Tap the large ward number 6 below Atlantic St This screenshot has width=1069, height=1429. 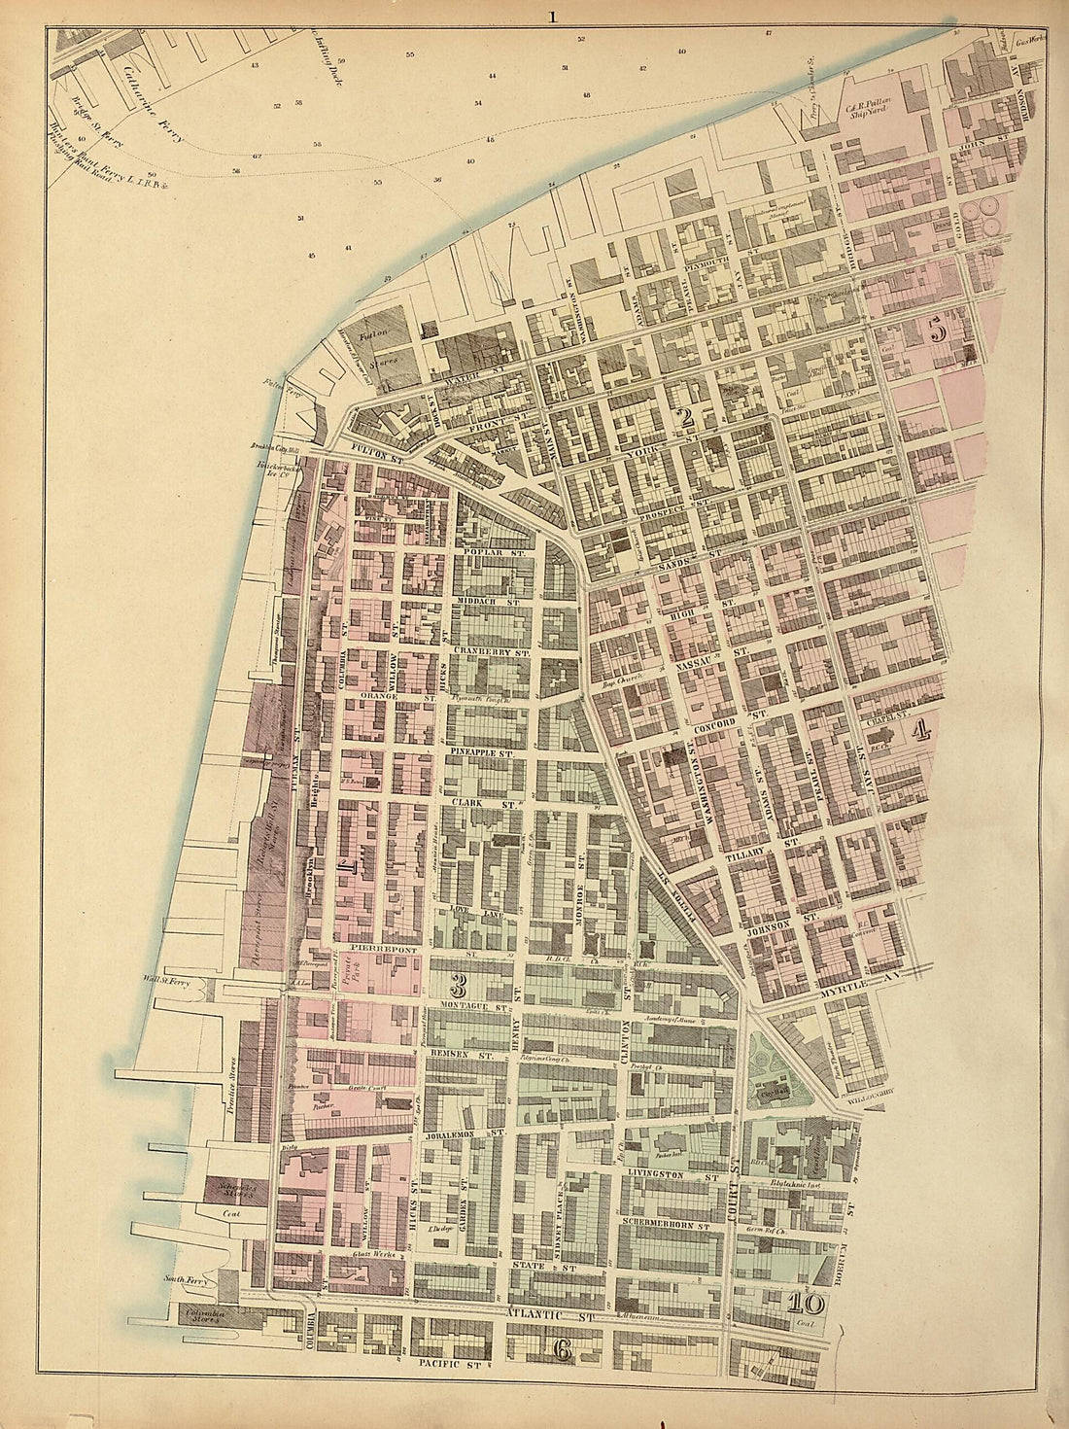tap(561, 1348)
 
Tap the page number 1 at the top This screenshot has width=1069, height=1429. tap(551, 16)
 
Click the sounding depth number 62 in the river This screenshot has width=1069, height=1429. tap(257, 156)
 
